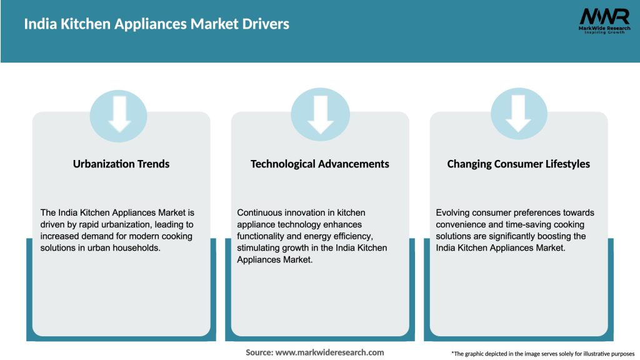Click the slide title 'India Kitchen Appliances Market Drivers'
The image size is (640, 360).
[156, 24]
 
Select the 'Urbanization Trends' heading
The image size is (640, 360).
[121, 164]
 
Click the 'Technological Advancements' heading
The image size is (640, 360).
[319, 164]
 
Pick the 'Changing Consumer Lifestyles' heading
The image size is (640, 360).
[518, 164]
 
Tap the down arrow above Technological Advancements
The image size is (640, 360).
[321, 114]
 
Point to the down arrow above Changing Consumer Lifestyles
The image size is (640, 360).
[518, 114]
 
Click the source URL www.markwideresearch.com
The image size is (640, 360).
[329, 352]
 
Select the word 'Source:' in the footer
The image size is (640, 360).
[259, 352]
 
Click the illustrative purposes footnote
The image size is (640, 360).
[542, 354]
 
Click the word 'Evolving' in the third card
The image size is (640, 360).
[454, 212]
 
